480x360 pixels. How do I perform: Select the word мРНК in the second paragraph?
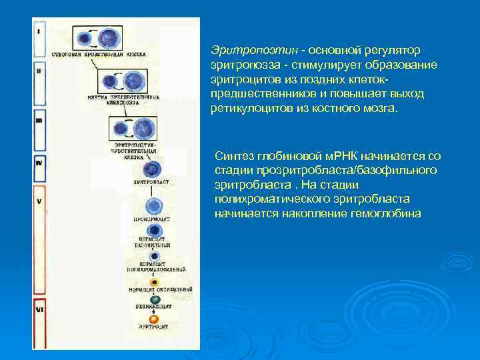pos(343,156)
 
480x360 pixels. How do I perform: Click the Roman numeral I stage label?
pos(39,31)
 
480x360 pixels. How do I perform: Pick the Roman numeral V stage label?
pos(39,200)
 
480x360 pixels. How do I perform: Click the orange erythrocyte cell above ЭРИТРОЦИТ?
pos(154,319)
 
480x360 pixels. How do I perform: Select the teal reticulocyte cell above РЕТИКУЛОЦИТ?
pos(154,300)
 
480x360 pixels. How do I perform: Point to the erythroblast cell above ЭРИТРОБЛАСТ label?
pos(153,169)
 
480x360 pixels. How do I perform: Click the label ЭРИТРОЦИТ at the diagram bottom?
pos(154,327)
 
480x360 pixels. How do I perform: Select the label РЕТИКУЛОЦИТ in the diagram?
pos(154,308)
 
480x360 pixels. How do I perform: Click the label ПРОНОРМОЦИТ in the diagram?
pos(154,219)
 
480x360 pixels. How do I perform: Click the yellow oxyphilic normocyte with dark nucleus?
pos(154,281)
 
